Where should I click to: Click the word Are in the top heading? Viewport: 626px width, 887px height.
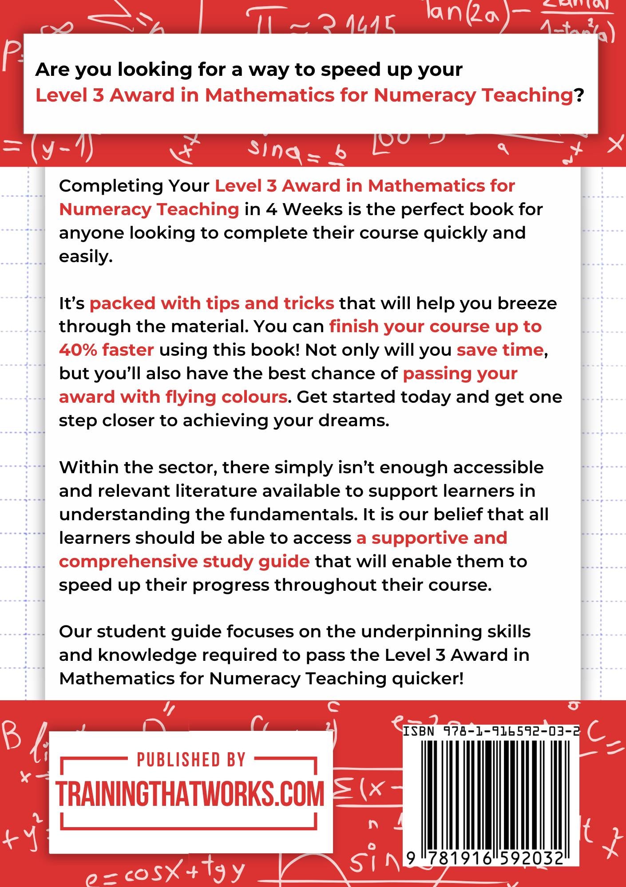coord(52,70)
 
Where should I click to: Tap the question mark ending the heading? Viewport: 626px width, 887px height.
coord(578,95)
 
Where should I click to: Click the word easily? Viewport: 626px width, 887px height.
coord(85,256)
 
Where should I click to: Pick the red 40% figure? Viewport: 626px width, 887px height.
coord(78,350)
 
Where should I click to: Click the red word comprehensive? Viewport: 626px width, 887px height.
coord(128,561)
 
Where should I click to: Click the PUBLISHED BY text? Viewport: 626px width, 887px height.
coord(191,760)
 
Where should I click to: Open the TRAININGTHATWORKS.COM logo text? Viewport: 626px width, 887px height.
coord(190,794)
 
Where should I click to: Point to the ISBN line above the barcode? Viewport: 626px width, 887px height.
coord(491,732)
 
